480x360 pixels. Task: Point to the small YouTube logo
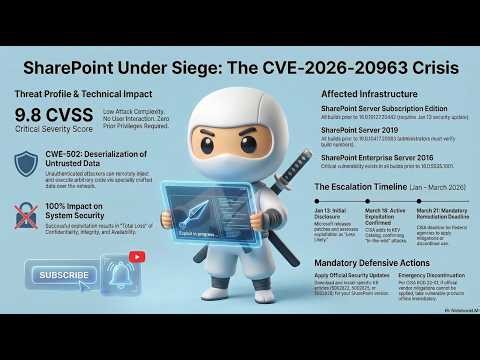137,256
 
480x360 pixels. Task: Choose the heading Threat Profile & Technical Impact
87,92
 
